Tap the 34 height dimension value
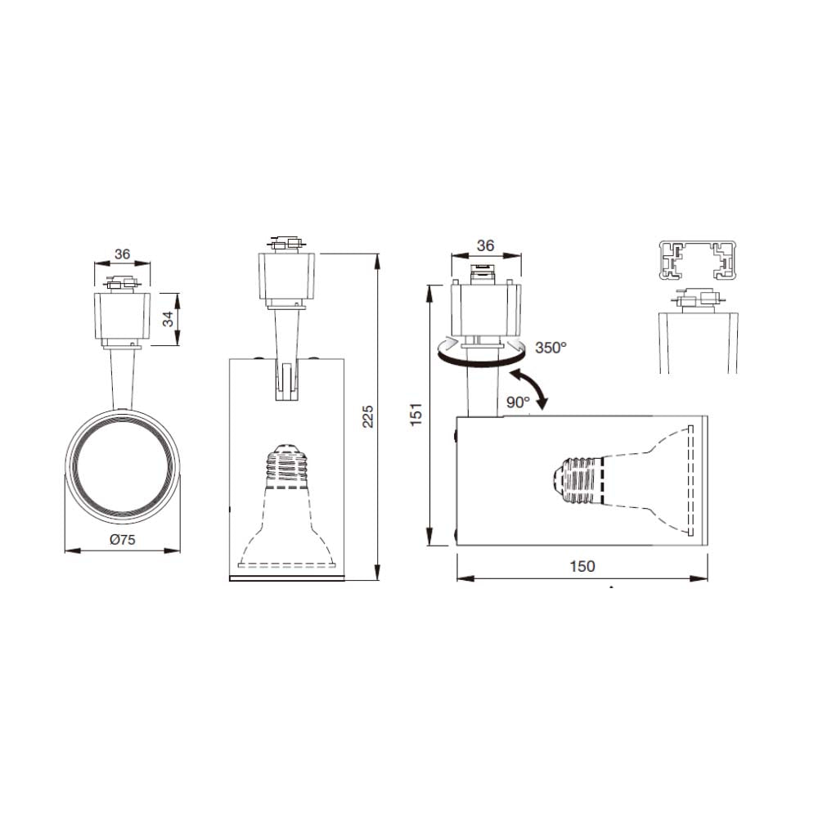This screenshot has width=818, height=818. click(169, 319)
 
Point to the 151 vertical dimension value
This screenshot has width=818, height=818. click(416, 415)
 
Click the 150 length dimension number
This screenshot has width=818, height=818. click(582, 566)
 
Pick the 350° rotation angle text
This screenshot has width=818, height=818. click(551, 348)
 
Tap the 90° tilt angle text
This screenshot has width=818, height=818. click(517, 402)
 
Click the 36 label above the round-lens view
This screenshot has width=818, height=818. click(122, 254)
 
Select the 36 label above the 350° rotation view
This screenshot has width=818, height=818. click(485, 245)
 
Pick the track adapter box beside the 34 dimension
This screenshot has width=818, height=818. click(122, 316)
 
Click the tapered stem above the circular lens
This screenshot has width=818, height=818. click(121, 378)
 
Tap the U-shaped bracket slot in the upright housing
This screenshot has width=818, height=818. click(285, 382)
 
